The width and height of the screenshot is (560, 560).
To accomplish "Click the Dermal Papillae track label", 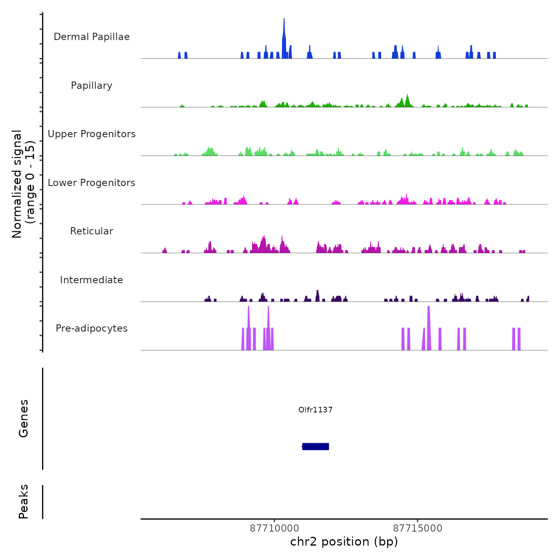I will (x=92, y=37).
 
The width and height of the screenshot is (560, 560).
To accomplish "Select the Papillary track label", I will (x=92, y=86).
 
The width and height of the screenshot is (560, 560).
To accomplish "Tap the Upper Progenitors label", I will (x=92, y=134).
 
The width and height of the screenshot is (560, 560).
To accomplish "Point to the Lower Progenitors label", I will (x=92, y=183).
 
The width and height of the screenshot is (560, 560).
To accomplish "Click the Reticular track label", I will (x=92, y=231).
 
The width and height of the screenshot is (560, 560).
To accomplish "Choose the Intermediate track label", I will (x=92, y=280).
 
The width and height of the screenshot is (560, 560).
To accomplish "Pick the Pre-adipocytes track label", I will (x=92, y=328).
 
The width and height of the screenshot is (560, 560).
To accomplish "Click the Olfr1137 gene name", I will (x=316, y=410).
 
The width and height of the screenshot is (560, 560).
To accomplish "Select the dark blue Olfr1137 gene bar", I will (x=316, y=446).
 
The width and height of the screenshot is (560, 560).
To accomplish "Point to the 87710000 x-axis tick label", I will (x=274, y=528).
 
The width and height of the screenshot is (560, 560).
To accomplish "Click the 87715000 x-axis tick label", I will (x=418, y=528).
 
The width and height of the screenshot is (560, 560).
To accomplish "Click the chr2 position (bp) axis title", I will (x=344, y=542).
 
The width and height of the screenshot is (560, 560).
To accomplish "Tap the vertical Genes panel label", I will (x=24, y=418).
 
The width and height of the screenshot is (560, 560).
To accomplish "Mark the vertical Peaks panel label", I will (x=24, y=502).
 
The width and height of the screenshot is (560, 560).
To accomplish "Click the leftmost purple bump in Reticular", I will (x=164, y=250).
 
